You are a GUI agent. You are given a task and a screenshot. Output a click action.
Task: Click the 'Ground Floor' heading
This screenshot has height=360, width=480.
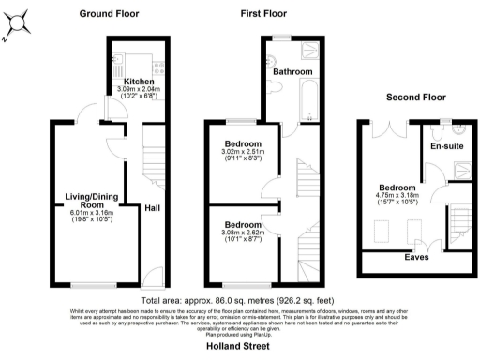111,14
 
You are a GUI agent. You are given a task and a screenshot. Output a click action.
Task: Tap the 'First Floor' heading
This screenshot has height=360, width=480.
263,14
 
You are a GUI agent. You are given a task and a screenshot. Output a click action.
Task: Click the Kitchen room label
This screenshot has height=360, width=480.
140,82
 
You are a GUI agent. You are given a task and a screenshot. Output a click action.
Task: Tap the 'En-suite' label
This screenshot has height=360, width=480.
445,146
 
